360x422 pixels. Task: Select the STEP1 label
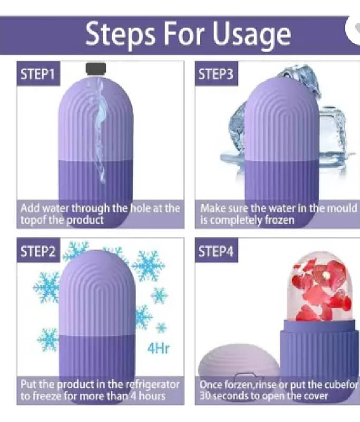[37, 74]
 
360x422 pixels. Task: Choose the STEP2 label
[37, 252]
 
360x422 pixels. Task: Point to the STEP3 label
[216, 74]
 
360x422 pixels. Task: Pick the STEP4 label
[216, 252]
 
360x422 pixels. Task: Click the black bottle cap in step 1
[96, 68]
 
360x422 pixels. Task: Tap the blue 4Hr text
[159, 348]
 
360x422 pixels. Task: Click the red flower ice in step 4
[322, 292]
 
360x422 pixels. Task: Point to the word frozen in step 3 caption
[279, 220]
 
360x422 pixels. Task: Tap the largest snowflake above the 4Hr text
[148, 266]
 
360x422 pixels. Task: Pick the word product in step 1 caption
[85, 220]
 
